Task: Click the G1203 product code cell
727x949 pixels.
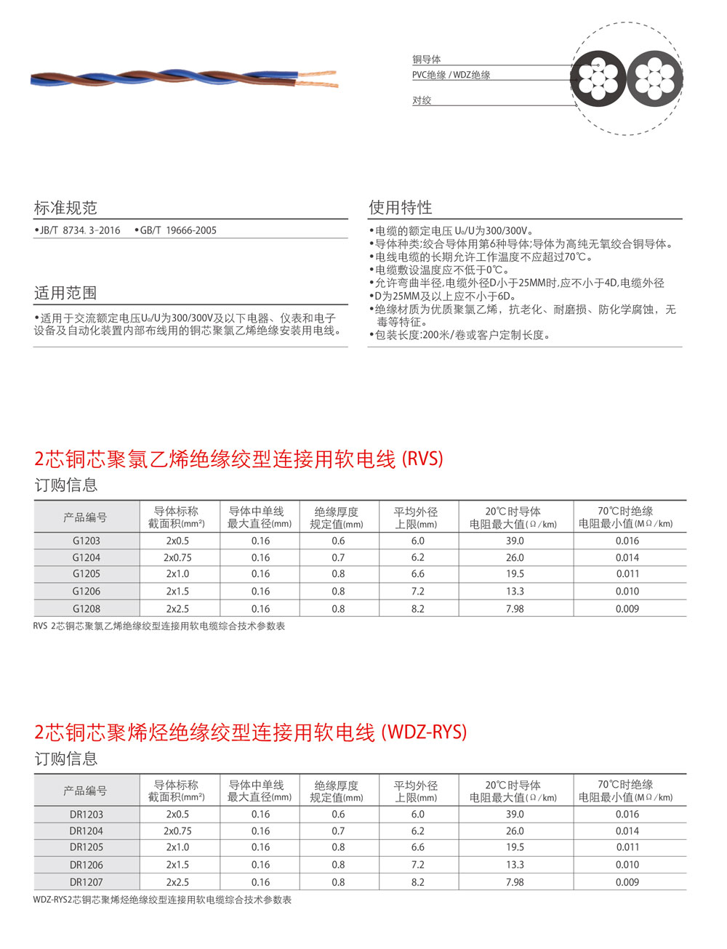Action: point(86,541)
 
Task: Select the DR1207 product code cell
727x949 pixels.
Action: point(86,882)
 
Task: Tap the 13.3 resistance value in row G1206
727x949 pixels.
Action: point(514,591)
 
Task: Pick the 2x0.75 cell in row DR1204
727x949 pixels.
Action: point(177,831)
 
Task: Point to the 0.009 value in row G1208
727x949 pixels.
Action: point(627,609)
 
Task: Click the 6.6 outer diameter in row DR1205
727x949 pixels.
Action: point(417,847)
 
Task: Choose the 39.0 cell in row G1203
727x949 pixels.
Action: point(514,541)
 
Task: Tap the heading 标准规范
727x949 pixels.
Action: point(65,208)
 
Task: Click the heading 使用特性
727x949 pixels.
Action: point(400,208)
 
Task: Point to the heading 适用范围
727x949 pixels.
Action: point(65,293)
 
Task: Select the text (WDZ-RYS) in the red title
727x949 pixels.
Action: point(424,732)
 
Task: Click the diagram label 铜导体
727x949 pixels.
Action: point(427,60)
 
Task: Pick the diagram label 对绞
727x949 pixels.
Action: point(422,100)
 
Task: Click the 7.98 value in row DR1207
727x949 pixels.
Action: point(514,882)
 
